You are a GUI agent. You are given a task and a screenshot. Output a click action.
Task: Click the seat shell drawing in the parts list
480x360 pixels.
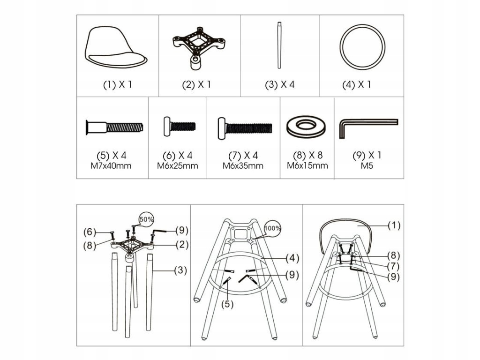116,47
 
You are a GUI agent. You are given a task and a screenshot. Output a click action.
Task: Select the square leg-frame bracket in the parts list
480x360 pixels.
200,47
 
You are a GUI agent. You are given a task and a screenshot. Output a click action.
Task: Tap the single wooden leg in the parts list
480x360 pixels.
279,45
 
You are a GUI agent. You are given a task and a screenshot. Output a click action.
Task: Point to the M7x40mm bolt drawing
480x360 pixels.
114,127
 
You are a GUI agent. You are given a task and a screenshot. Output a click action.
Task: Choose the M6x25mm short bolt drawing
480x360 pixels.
180,126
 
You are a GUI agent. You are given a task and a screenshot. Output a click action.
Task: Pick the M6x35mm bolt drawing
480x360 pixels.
245,128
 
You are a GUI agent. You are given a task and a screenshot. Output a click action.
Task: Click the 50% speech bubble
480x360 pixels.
146,219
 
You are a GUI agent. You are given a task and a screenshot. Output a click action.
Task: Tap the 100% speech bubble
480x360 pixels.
272,228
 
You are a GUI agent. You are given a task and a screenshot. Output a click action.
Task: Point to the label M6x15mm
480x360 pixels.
307,165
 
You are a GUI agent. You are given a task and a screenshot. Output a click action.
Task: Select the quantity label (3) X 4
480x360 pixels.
279,84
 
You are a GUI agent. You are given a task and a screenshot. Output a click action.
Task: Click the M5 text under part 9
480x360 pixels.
367,166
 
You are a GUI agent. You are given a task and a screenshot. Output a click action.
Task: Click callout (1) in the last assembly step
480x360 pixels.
394,225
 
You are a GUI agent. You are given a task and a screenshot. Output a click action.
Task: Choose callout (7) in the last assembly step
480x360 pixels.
393,266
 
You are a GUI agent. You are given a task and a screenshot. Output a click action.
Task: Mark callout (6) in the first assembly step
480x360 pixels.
90,232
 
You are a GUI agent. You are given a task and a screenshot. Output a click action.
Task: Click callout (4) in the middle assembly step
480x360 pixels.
292,258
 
